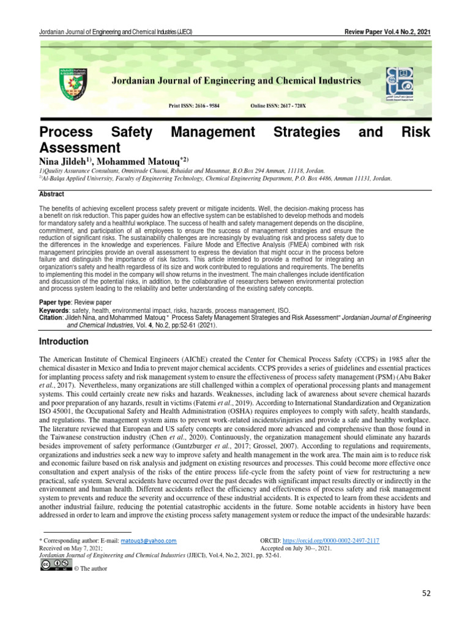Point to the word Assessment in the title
click(x=78, y=148)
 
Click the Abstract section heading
click(x=51, y=193)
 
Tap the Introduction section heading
click(x=65, y=340)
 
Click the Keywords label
click(x=53, y=310)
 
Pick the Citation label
click(x=52, y=318)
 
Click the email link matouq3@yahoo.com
click(x=147, y=541)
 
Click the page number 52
click(x=427, y=593)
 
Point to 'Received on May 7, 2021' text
click(x=70, y=549)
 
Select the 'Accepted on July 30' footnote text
click(x=295, y=549)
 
